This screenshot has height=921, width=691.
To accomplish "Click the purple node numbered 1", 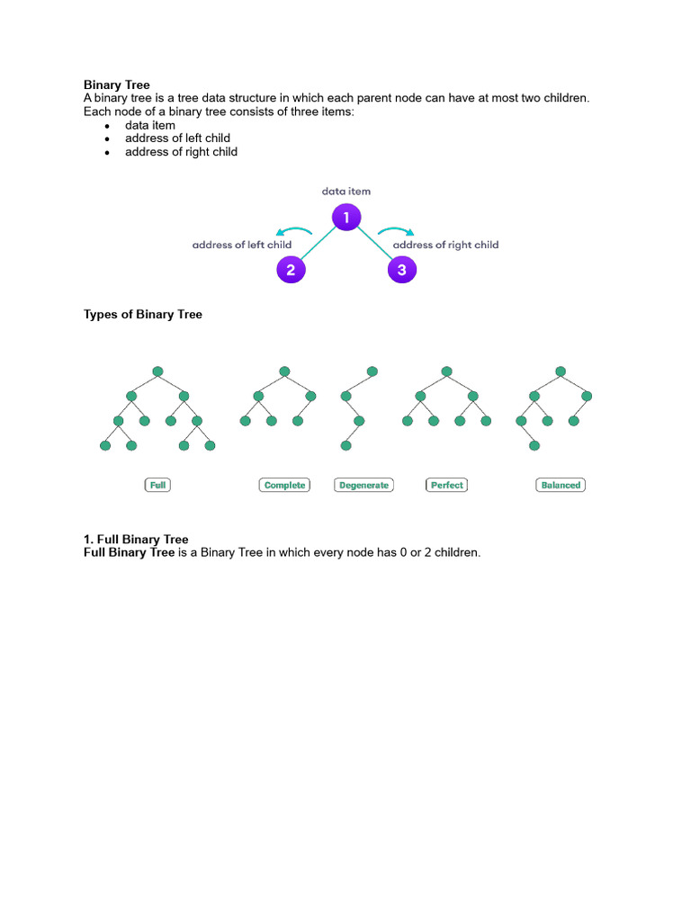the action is [x=346, y=218].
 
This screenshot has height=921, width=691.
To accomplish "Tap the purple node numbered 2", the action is [x=291, y=269].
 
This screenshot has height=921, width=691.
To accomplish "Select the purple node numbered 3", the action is [x=401, y=269].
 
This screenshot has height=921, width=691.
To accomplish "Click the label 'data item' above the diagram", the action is [x=346, y=192].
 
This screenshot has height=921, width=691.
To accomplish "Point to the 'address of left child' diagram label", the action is [x=241, y=245].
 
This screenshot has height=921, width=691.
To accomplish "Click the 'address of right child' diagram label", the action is [x=445, y=245].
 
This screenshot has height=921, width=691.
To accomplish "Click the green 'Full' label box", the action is [x=157, y=485].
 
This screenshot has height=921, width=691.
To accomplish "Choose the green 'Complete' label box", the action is [x=284, y=485].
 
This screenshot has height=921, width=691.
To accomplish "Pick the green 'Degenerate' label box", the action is [x=363, y=485].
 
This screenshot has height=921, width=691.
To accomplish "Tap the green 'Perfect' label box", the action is [x=446, y=485].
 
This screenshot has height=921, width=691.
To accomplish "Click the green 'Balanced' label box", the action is [x=561, y=485].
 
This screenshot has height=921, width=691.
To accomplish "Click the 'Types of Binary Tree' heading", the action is [x=143, y=315].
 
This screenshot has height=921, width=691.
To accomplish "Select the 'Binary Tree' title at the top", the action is [x=117, y=85].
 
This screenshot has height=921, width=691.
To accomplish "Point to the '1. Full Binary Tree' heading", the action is [x=136, y=540].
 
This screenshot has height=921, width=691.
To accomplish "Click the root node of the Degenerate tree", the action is [x=372, y=371].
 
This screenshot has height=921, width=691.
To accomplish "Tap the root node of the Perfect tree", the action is [x=446, y=371].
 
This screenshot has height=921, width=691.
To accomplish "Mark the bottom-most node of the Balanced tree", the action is [x=534, y=445].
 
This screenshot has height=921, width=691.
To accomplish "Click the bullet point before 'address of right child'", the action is [x=107, y=153].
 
